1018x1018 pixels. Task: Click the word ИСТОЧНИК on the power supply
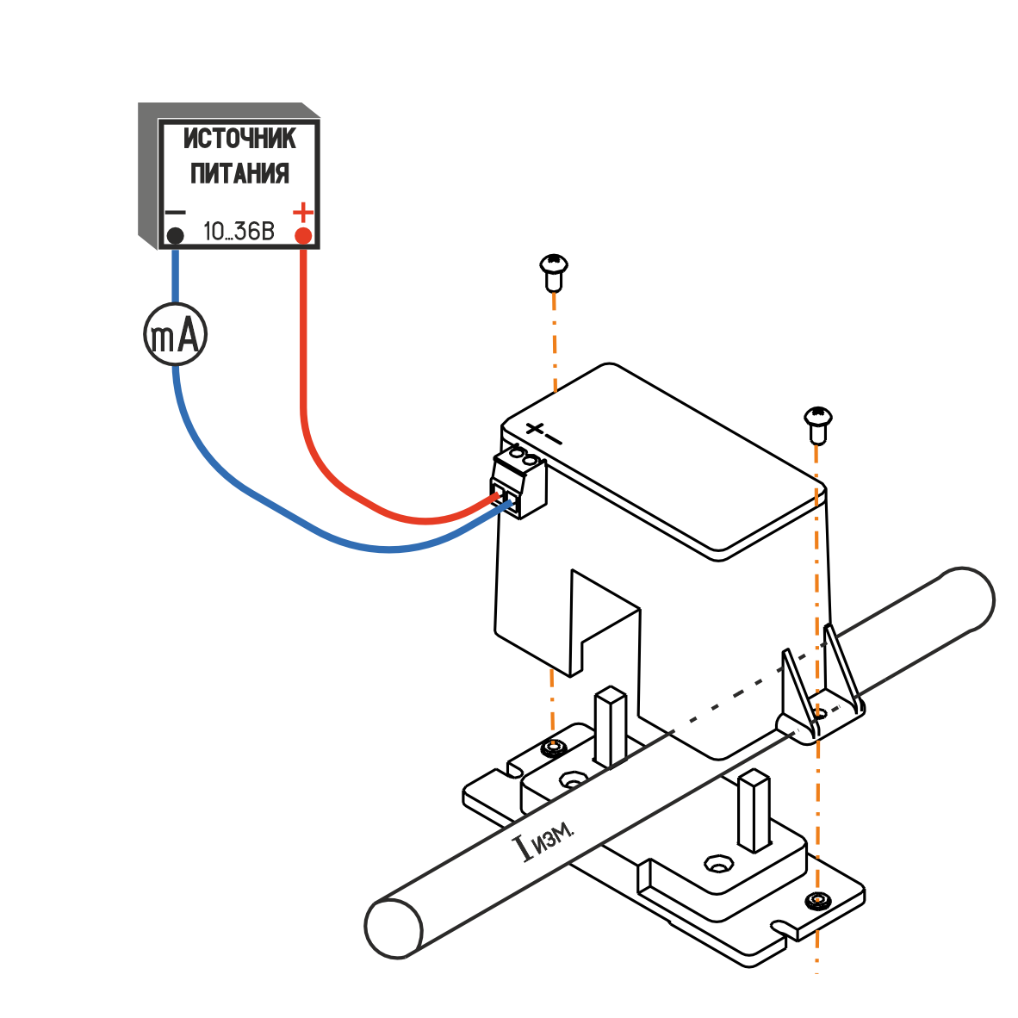click(239, 140)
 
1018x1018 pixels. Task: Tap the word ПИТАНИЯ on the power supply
click(239, 173)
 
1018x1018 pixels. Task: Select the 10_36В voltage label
click(238, 232)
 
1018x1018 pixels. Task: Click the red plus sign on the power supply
click(303, 211)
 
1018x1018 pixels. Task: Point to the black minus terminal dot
click(175, 236)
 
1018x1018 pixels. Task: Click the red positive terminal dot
click(303, 236)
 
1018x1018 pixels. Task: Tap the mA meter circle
click(176, 335)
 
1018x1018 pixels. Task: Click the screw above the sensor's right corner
click(817, 421)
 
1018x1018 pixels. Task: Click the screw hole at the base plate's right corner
click(816, 902)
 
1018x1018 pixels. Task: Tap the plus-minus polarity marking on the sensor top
click(543, 432)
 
